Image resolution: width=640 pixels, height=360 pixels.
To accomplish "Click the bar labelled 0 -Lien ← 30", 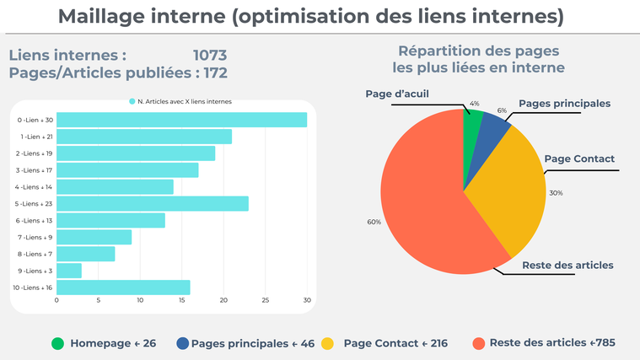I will (181, 120).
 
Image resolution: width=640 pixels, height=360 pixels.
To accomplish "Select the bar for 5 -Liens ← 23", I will (152, 203).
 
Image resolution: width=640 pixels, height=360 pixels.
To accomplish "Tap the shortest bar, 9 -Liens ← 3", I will (69, 271).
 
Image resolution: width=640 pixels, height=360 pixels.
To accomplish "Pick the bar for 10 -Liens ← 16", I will (123, 287).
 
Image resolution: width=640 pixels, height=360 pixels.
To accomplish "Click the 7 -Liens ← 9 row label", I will (35, 237).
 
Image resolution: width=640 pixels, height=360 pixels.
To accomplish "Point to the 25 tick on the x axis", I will (265, 300).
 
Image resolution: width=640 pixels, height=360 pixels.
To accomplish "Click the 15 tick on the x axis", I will (181, 300).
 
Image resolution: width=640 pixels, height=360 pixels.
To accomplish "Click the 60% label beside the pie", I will (374, 222).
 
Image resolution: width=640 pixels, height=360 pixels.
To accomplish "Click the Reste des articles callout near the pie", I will (567, 265).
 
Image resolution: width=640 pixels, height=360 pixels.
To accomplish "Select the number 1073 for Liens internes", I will (210, 56).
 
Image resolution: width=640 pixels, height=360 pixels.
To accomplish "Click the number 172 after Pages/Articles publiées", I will (215, 73).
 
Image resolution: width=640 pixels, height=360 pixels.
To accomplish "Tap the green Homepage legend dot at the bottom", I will (57, 343).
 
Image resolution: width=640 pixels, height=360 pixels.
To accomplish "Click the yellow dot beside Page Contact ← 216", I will (328, 343).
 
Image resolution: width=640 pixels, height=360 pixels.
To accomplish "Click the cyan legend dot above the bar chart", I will (132, 101).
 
